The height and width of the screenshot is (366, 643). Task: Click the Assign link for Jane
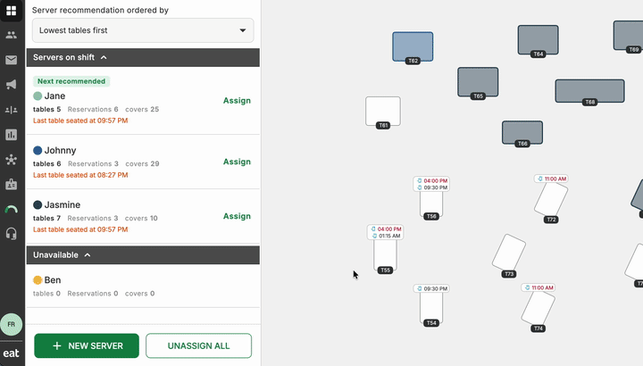pos(237,100)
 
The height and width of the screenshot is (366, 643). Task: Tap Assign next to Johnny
pos(237,162)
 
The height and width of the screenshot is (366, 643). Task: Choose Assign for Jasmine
pos(237,216)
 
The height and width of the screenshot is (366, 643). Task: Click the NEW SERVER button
pos(87,345)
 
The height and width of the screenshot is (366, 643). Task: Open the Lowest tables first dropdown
pos(143,30)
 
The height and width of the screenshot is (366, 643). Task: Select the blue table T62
pos(413,46)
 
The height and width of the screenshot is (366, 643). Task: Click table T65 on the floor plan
pos(478,82)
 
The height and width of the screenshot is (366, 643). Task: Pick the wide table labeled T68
pos(589,90)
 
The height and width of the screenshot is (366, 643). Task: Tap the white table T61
pos(383,111)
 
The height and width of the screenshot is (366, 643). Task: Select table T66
pos(522,132)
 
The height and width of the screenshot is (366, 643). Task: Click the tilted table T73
pos(509,253)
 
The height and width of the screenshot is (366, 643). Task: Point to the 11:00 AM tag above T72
pos(551,179)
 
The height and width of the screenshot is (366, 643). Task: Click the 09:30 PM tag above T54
pos(431,288)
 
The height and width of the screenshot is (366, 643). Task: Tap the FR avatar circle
pos(11,324)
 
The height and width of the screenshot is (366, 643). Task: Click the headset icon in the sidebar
pos(11,234)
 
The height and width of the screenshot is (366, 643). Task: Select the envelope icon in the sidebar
pos(11,60)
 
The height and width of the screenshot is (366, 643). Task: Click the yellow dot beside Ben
pos(38,280)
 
